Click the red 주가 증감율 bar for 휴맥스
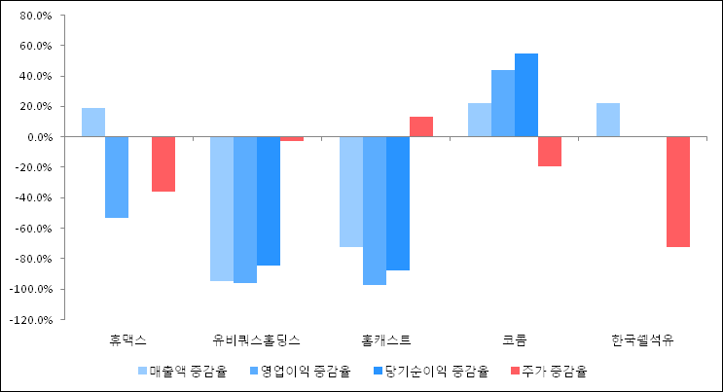click(x=163, y=163)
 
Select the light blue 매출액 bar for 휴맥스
click(x=93, y=123)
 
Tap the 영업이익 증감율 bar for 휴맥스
click(x=117, y=177)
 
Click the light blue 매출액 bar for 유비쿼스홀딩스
click(x=222, y=208)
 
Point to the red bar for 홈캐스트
click(x=421, y=126)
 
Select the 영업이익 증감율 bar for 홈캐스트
click(x=375, y=210)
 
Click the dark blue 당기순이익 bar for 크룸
click(x=526, y=95)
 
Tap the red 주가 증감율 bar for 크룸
click(x=550, y=151)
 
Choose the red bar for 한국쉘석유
click(x=678, y=192)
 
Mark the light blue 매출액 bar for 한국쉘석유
click(x=608, y=120)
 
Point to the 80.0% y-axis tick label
click(x=35, y=16)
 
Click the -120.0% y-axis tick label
click(x=32, y=319)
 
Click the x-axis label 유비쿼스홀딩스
click(x=257, y=340)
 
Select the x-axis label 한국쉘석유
click(x=643, y=340)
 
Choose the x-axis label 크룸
click(x=515, y=340)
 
